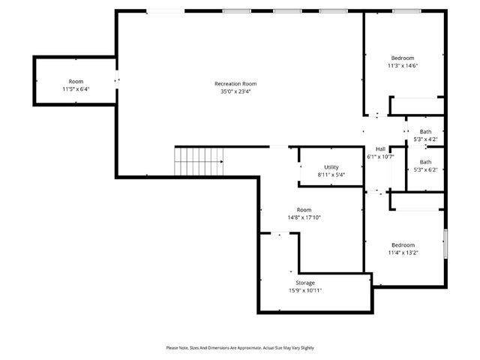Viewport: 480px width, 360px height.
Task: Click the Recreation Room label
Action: [x=235, y=84]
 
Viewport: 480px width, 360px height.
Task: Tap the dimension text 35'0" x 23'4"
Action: [x=235, y=92]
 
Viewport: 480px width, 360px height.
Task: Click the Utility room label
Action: [x=331, y=166]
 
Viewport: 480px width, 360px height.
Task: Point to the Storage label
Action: [x=304, y=283]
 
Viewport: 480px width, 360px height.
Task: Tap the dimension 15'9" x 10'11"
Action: [x=304, y=290]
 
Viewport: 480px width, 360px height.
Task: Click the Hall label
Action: [x=380, y=148]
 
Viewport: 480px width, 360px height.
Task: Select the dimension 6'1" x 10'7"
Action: [x=380, y=157]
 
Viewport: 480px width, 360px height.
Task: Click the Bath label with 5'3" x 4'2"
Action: [x=425, y=132]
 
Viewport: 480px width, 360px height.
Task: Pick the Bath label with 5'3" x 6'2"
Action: [x=425, y=161]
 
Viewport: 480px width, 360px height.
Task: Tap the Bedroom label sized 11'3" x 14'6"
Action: [x=403, y=58]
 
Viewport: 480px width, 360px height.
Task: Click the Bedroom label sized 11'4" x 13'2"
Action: [x=403, y=244]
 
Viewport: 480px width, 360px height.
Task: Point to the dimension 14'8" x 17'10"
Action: [x=304, y=217]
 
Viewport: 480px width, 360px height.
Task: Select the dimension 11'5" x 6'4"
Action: [x=76, y=89]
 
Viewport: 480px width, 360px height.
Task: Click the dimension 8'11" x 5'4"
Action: [x=331, y=175]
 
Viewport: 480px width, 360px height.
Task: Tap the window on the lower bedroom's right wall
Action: [x=445, y=244]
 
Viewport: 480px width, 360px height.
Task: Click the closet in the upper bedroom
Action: [x=417, y=106]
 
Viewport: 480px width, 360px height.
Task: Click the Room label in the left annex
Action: [x=76, y=81]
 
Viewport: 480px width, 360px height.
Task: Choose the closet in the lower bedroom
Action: [x=417, y=201]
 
